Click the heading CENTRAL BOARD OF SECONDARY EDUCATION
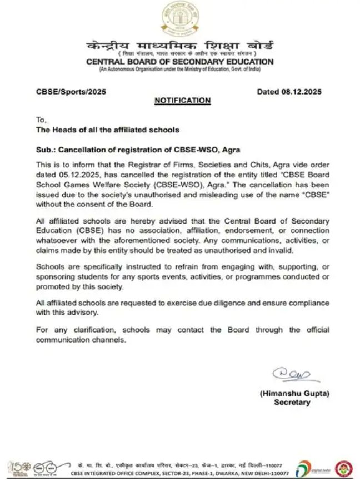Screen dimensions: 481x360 (180, 62)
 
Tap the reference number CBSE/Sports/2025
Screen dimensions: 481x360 (71, 92)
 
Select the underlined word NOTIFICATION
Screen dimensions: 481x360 (182, 101)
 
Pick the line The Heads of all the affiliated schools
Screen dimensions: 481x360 (108, 130)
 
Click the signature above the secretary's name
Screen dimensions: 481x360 (289, 375)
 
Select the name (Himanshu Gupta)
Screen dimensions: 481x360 (294, 393)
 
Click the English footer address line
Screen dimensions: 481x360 (179, 473)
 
